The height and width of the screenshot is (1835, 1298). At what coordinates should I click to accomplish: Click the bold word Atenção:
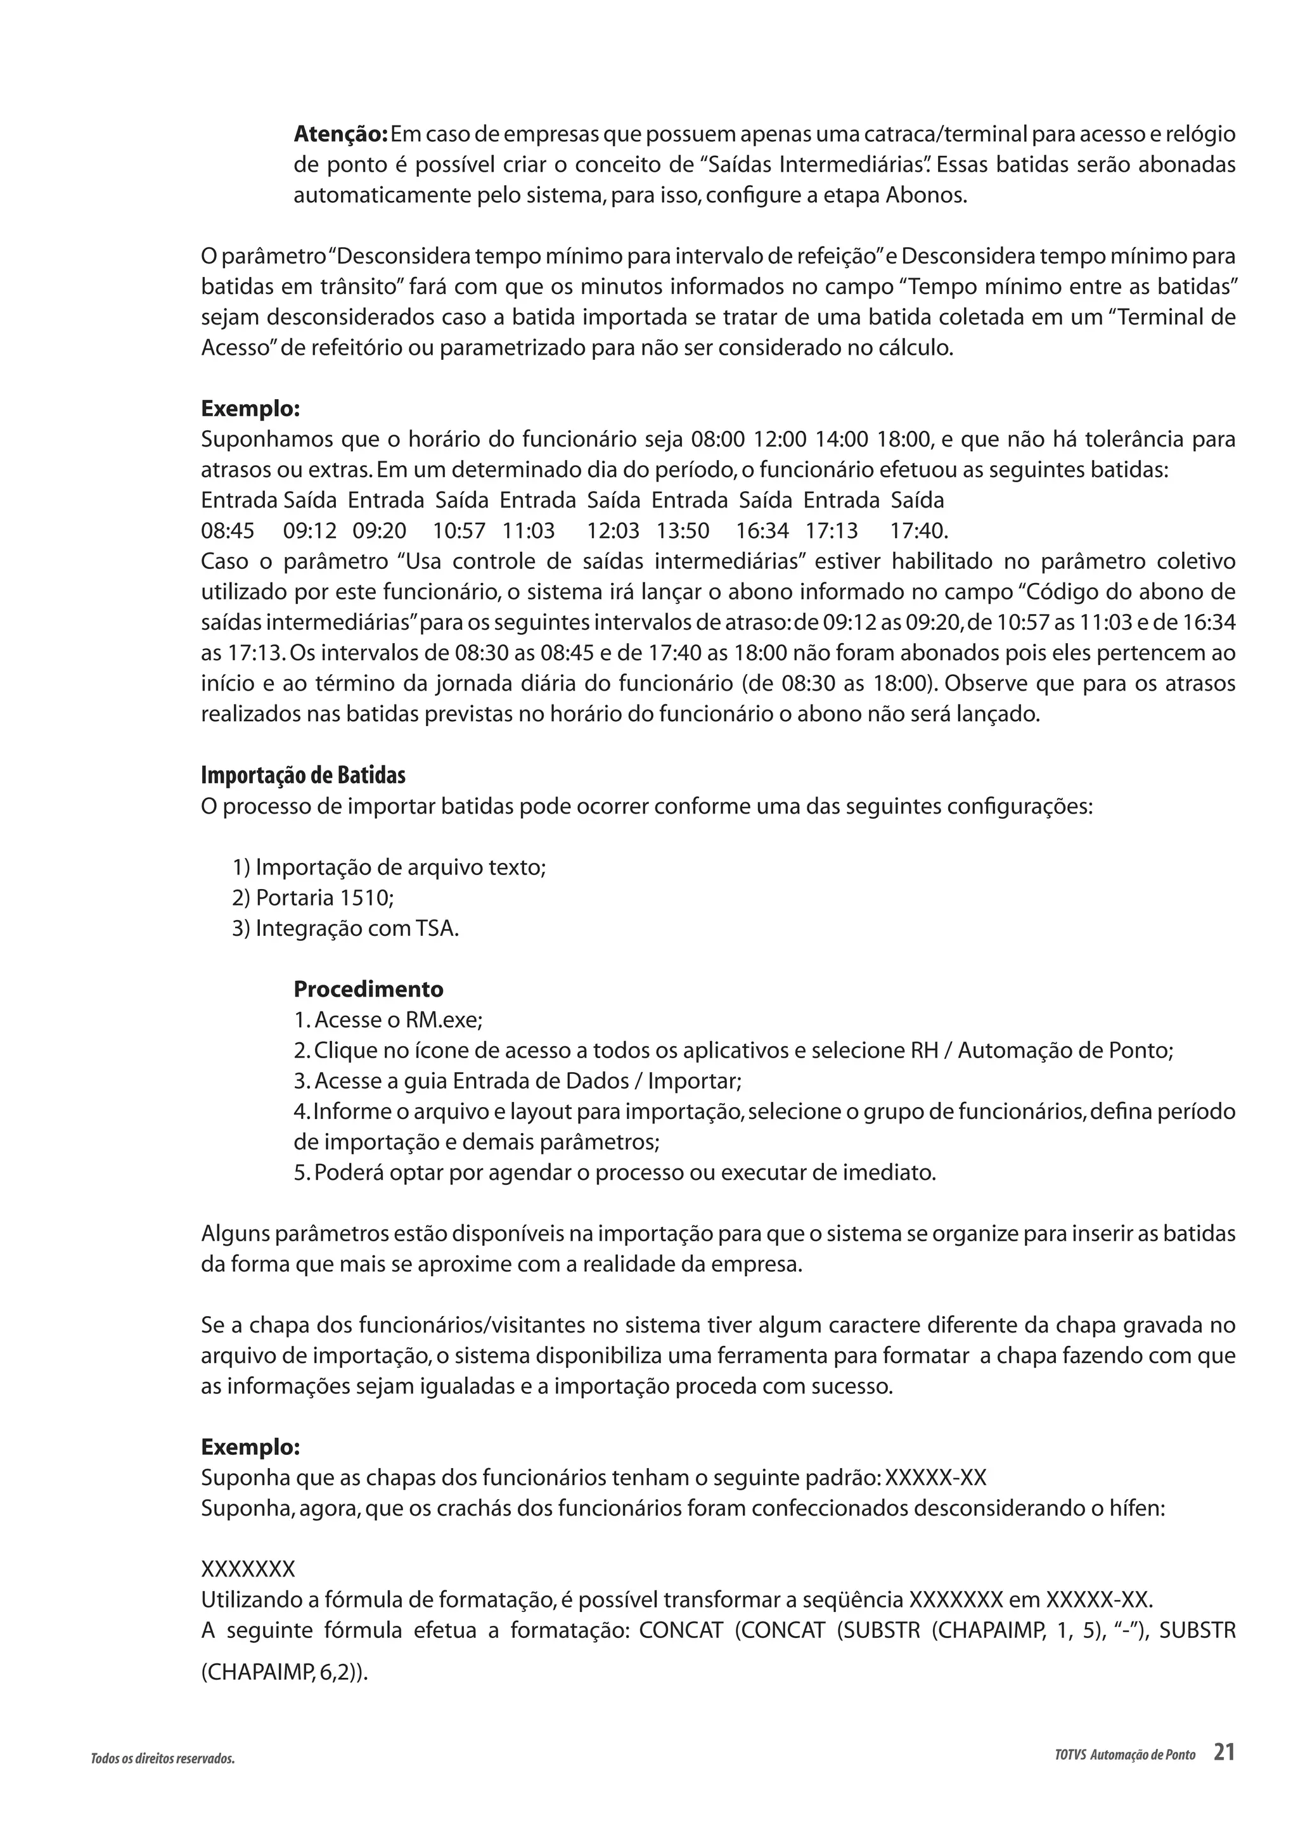[x=340, y=134]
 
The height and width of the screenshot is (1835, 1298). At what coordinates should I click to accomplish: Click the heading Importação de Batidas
[x=303, y=775]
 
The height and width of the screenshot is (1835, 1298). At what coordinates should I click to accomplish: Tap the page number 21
[x=1224, y=1752]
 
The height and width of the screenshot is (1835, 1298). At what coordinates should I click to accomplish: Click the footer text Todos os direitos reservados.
[x=163, y=1758]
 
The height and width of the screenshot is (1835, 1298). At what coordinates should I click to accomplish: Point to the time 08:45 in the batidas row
[x=228, y=531]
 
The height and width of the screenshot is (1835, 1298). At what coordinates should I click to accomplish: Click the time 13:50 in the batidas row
[x=683, y=531]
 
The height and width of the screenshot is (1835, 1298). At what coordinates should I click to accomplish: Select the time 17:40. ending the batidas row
[x=919, y=531]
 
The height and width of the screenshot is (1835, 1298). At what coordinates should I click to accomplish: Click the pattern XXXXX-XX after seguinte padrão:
[x=937, y=1478]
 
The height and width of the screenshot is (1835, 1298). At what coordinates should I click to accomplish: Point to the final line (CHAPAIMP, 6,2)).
[x=285, y=1672]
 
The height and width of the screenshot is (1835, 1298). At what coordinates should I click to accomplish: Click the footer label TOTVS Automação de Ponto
[x=1124, y=1755]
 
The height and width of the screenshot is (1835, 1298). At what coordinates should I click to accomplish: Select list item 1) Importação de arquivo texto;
[x=389, y=867]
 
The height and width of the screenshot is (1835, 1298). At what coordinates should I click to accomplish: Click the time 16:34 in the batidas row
[x=762, y=531]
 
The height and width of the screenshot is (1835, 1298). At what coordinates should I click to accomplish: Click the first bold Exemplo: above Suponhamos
[x=250, y=409]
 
